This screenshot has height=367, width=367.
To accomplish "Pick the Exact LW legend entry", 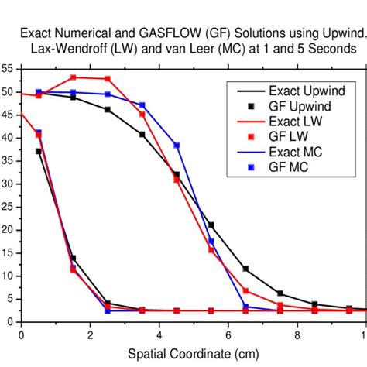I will point(298,122).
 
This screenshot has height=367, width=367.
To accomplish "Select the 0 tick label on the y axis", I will point(10,322).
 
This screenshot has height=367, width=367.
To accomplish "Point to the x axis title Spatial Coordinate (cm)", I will point(194,355).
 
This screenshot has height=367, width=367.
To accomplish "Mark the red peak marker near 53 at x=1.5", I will point(74,77).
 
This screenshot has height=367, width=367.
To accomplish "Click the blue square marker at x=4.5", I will point(177,146).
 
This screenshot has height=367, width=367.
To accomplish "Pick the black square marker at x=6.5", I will point(245,269).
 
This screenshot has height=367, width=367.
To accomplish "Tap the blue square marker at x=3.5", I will point(142,105).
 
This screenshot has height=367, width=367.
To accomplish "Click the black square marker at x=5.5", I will point(211,225).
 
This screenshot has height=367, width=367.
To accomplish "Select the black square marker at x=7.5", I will point(280,293).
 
